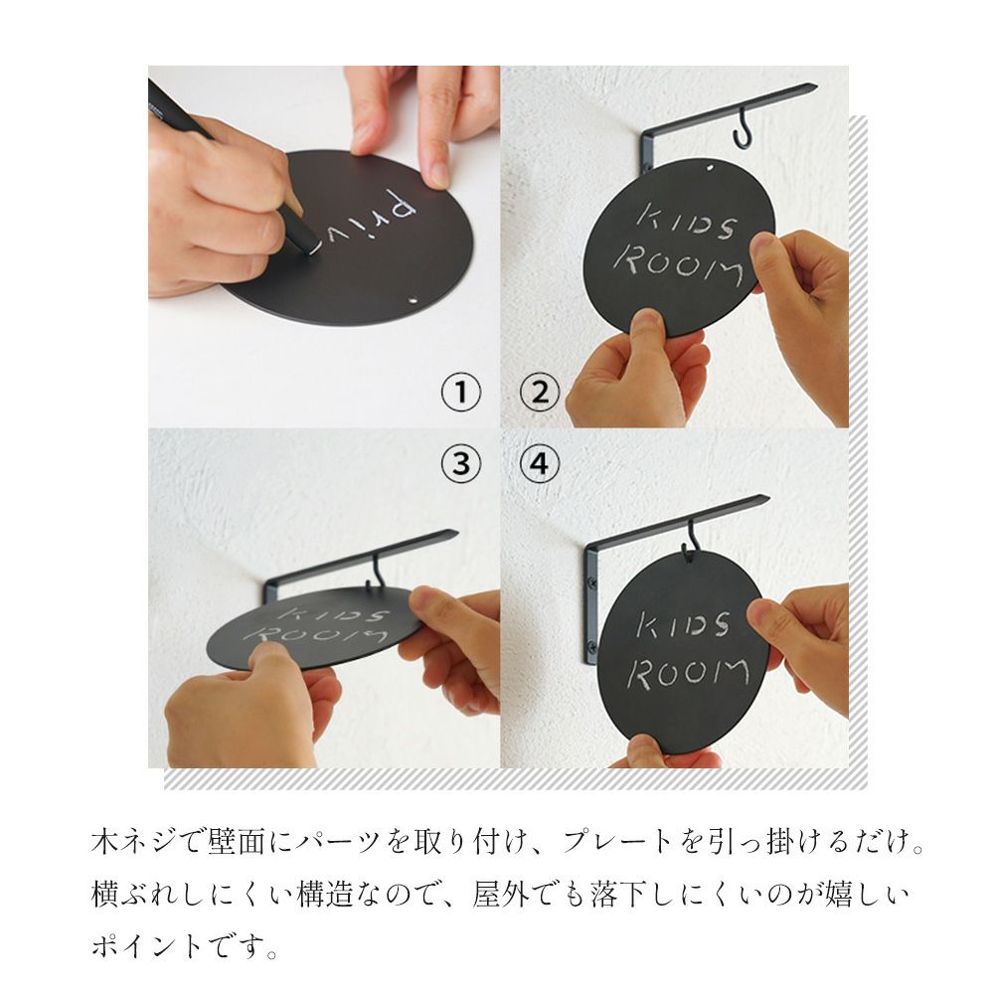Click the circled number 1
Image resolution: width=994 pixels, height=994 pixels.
pyautogui.click(x=461, y=392)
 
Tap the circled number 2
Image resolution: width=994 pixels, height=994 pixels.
pyautogui.click(x=540, y=392)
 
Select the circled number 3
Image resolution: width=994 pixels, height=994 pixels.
pyautogui.click(x=461, y=463)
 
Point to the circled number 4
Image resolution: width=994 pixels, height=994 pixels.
pyautogui.click(x=540, y=463)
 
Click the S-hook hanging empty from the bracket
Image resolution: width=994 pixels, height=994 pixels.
pyautogui.click(x=743, y=129)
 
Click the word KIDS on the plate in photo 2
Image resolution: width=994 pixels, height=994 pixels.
pyautogui.click(x=687, y=223)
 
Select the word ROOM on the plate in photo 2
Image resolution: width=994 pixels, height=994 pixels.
pyautogui.click(x=678, y=265)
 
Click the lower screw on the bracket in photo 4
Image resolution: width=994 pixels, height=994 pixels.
pyautogui.click(x=592, y=647)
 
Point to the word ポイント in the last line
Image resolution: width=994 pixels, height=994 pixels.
pyautogui.click(x=146, y=946)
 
